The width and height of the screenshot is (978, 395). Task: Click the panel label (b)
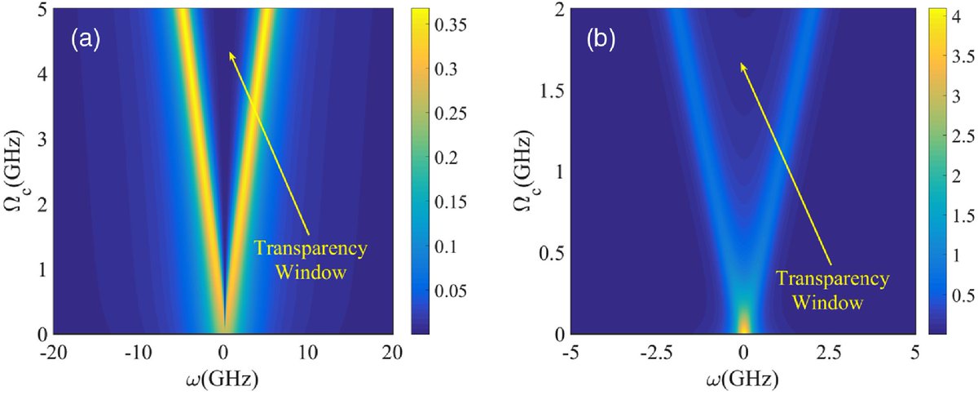tap(604, 38)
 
